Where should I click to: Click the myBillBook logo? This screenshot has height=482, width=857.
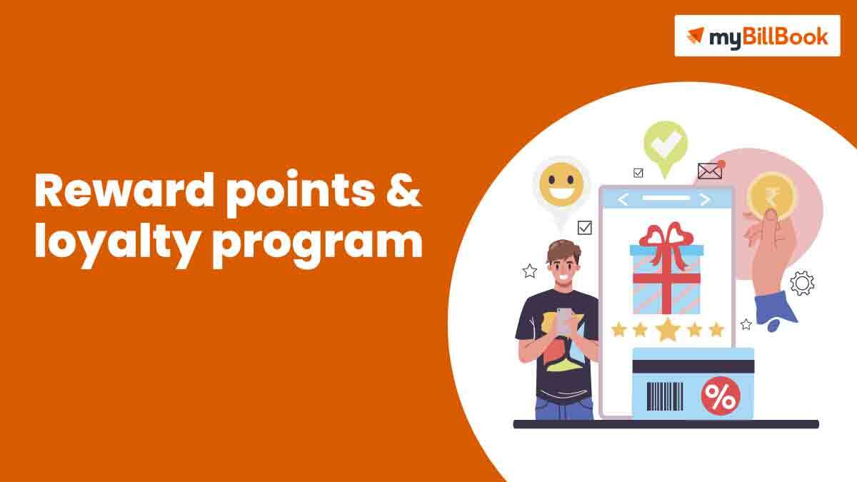pyautogui.click(x=757, y=36)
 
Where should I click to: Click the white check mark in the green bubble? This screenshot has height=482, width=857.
pyautogui.click(x=666, y=144)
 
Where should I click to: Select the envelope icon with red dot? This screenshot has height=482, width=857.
pyautogui.click(x=710, y=171)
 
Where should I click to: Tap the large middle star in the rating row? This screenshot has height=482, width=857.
pyautogui.click(x=667, y=329)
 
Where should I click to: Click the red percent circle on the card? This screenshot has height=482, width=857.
pyautogui.click(x=719, y=397)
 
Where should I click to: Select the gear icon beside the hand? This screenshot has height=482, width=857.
pyautogui.click(x=802, y=283)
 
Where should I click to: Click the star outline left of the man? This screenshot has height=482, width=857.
pyautogui.click(x=529, y=271)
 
